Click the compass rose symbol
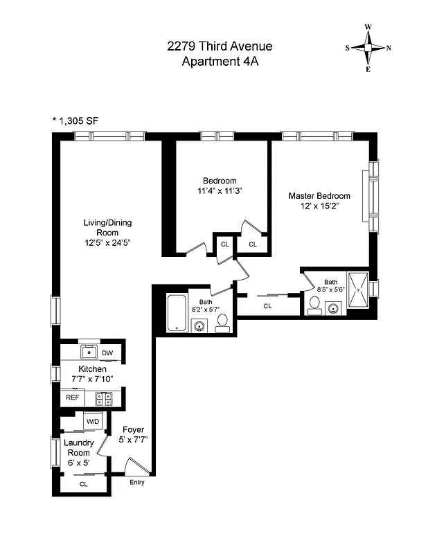point(368,48)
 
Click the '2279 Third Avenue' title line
point(220,46)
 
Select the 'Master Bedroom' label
point(319,196)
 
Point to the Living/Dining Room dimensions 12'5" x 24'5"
point(107,243)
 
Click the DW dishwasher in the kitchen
point(107,353)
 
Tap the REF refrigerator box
point(71,398)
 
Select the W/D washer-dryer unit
point(91,421)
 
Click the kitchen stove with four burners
point(104,398)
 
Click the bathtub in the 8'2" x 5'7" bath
point(175,313)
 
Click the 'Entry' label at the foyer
point(137,482)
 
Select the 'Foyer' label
point(133,429)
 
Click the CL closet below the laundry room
point(84,484)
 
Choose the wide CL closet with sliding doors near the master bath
point(267,305)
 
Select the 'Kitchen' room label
point(92,369)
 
